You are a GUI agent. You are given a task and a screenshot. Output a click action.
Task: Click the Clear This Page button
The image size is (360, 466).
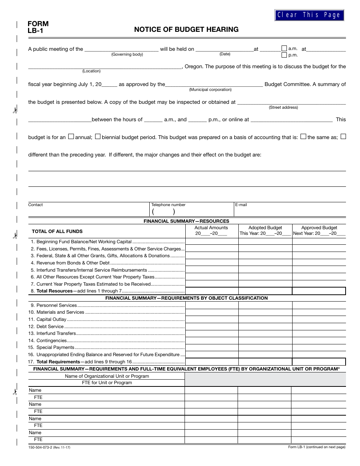[x=309, y=15]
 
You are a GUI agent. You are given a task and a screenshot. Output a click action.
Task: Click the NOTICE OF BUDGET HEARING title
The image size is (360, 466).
[x=186, y=30]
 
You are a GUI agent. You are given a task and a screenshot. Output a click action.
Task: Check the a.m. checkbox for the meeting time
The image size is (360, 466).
[x=284, y=48]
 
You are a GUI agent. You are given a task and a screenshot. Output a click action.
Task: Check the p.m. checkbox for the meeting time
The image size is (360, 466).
[x=284, y=55]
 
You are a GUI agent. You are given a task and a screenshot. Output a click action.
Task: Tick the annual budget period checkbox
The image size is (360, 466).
[x=71, y=137]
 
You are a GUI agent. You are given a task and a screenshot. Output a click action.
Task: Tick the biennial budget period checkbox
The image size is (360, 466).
[x=98, y=137]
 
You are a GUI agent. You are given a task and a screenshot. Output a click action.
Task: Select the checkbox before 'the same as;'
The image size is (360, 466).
[x=303, y=137]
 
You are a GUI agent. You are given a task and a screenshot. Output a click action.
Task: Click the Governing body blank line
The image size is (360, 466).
[x=121, y=49]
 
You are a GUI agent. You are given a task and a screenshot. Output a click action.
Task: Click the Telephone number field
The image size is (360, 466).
[x=191, y=211]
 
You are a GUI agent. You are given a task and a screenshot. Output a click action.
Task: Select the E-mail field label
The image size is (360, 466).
[x=241, y=205]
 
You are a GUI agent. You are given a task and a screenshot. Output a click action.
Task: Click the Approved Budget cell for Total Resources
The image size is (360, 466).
[x=319, y=291]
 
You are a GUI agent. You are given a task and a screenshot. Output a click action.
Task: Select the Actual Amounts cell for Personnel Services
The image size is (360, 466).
[x=211, y=305]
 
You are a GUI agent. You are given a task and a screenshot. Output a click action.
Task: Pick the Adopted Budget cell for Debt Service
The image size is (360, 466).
[x=265, y=327]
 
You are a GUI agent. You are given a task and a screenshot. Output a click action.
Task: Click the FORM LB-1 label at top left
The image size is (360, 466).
[x=38, y=27]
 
